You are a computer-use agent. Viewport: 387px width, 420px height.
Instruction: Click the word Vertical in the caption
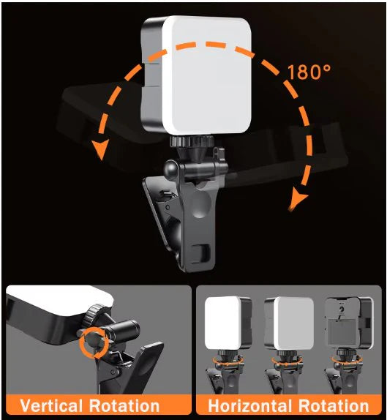pyautogui.click(x=56, y=405)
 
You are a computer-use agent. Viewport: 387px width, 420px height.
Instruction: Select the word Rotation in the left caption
pyautogui.click(x=133, y=405)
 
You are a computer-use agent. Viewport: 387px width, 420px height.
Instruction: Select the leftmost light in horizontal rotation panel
pyautogui.click(x=226, y=324)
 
